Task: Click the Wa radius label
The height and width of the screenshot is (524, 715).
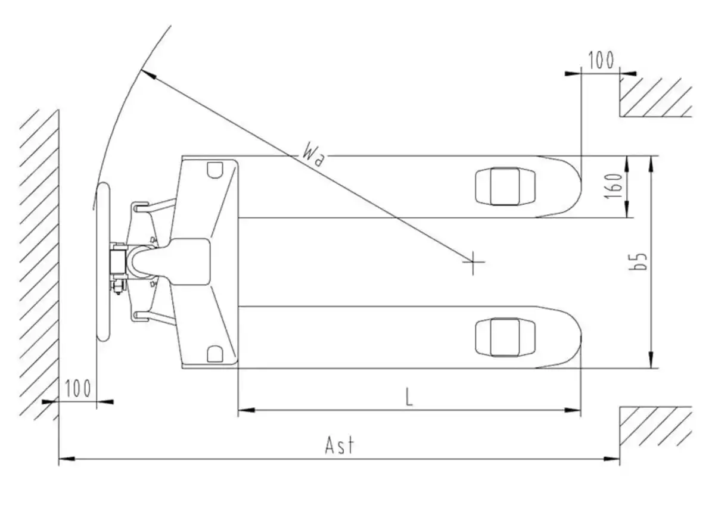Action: tap(313, 155)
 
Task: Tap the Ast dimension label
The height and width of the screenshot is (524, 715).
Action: tap(340, 445)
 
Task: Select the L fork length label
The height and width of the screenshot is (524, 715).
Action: tap(409, 397)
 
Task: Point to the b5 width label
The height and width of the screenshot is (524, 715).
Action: tap(638, 261)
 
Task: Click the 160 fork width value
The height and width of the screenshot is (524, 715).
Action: tap(614, 186)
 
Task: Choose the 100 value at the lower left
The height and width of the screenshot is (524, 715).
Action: tap(78, 388)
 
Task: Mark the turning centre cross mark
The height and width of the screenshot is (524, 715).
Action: tap(473, 262)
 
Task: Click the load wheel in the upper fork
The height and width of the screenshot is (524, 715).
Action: tap(505, 186)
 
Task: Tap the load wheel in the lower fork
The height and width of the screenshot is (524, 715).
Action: tap(505, 337)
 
